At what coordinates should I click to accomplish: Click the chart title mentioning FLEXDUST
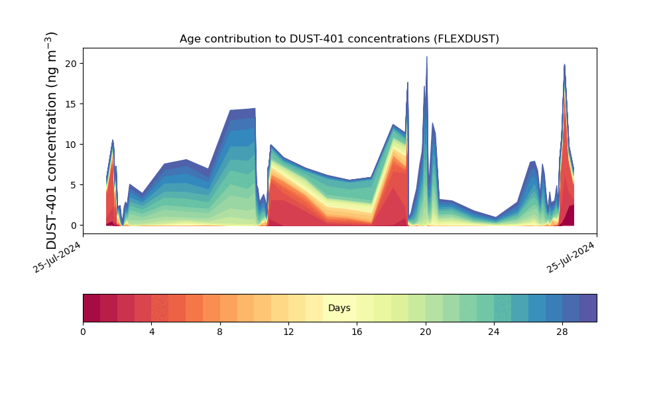pos(339,39)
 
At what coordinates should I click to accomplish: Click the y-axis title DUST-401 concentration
pos(52,141)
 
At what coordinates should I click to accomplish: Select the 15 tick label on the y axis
pos(72,104)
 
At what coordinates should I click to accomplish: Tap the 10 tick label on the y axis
pos(72,145)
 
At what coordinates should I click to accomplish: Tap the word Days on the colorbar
pos(339,308)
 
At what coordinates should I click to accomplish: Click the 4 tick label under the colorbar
pos(152,332)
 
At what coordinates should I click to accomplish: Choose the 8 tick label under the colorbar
pos(220,332)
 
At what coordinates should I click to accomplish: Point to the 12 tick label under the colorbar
pos(288,332)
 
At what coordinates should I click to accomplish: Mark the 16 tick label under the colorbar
pos(357,332)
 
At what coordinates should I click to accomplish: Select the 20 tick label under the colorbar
pos(425,332)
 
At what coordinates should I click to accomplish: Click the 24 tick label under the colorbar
pos(494,332)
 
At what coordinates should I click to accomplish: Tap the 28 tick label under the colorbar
pos(562,332)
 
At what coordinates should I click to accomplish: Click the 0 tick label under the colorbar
pos(83,332)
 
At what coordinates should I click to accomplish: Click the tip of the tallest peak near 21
pos(426,57)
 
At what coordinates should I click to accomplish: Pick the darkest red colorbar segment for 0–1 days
pos(91,308)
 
